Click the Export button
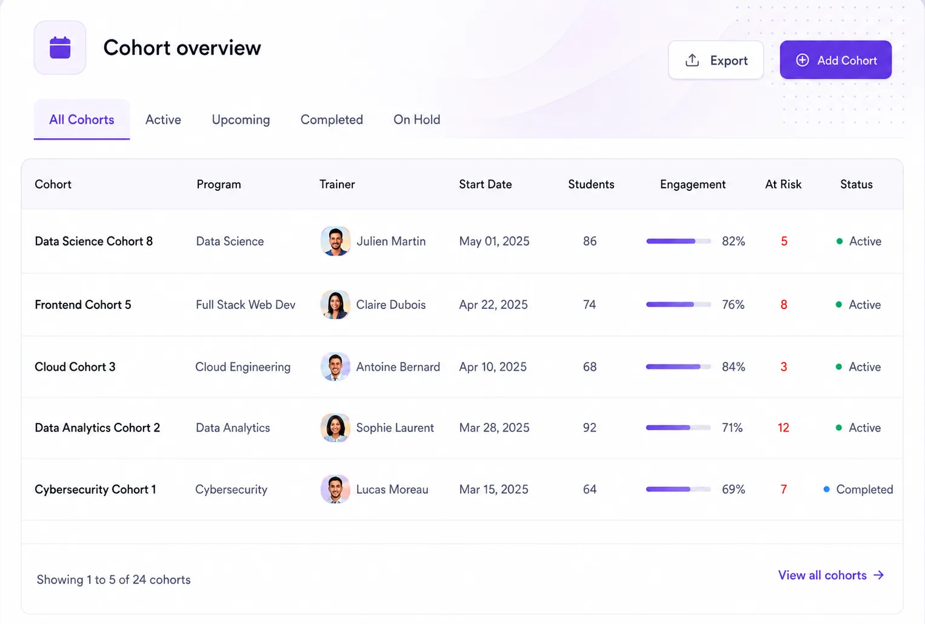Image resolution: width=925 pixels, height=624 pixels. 716,60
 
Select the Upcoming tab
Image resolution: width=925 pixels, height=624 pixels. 241,120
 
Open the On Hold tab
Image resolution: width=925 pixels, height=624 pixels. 416,120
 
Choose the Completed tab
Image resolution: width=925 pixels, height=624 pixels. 332,120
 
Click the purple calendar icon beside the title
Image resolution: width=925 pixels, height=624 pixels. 60,48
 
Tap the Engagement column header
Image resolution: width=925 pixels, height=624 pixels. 692,185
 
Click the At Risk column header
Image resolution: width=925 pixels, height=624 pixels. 783,184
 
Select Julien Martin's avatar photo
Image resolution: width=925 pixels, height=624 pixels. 335,241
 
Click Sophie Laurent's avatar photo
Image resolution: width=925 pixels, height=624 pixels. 335,428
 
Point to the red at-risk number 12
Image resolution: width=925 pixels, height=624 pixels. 783,428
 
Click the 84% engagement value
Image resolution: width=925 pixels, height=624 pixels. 733,367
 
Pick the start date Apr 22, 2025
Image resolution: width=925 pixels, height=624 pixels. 493,305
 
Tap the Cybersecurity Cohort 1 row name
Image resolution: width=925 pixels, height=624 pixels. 95,489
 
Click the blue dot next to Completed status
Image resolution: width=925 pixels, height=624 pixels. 826,489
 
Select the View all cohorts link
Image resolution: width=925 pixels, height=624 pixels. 831,576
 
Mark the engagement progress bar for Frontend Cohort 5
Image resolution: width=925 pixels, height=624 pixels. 678,305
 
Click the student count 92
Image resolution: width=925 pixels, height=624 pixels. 589,428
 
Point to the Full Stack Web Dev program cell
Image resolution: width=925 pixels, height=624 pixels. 245,305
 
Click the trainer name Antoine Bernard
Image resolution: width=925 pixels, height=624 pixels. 398,367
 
